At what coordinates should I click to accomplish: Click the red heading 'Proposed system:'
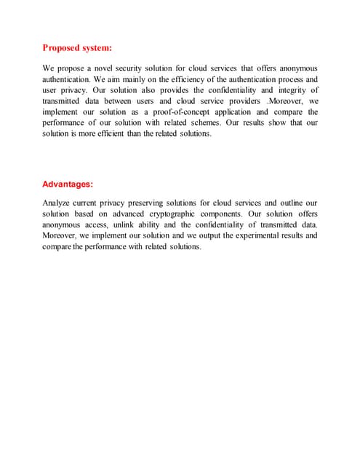(77, 48)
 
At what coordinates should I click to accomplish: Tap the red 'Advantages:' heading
(68, 185)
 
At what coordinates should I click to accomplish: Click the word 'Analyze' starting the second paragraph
(58, 203)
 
